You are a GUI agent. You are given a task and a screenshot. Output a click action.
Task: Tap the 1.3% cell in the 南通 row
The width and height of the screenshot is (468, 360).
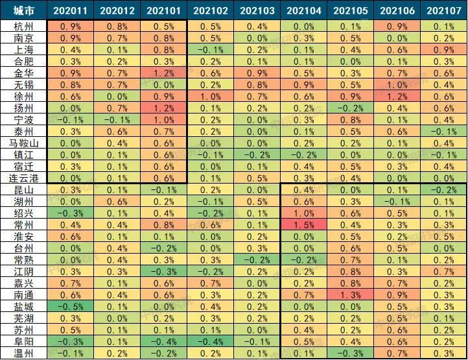tap(350, 294)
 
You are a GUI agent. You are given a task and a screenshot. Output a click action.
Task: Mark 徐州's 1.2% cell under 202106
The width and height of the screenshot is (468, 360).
tap(397, 96)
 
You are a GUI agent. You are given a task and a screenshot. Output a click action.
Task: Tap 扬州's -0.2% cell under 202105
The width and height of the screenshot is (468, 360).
tap(350, 108)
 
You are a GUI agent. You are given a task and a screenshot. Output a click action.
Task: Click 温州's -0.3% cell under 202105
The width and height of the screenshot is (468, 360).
tap(350, 353)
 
